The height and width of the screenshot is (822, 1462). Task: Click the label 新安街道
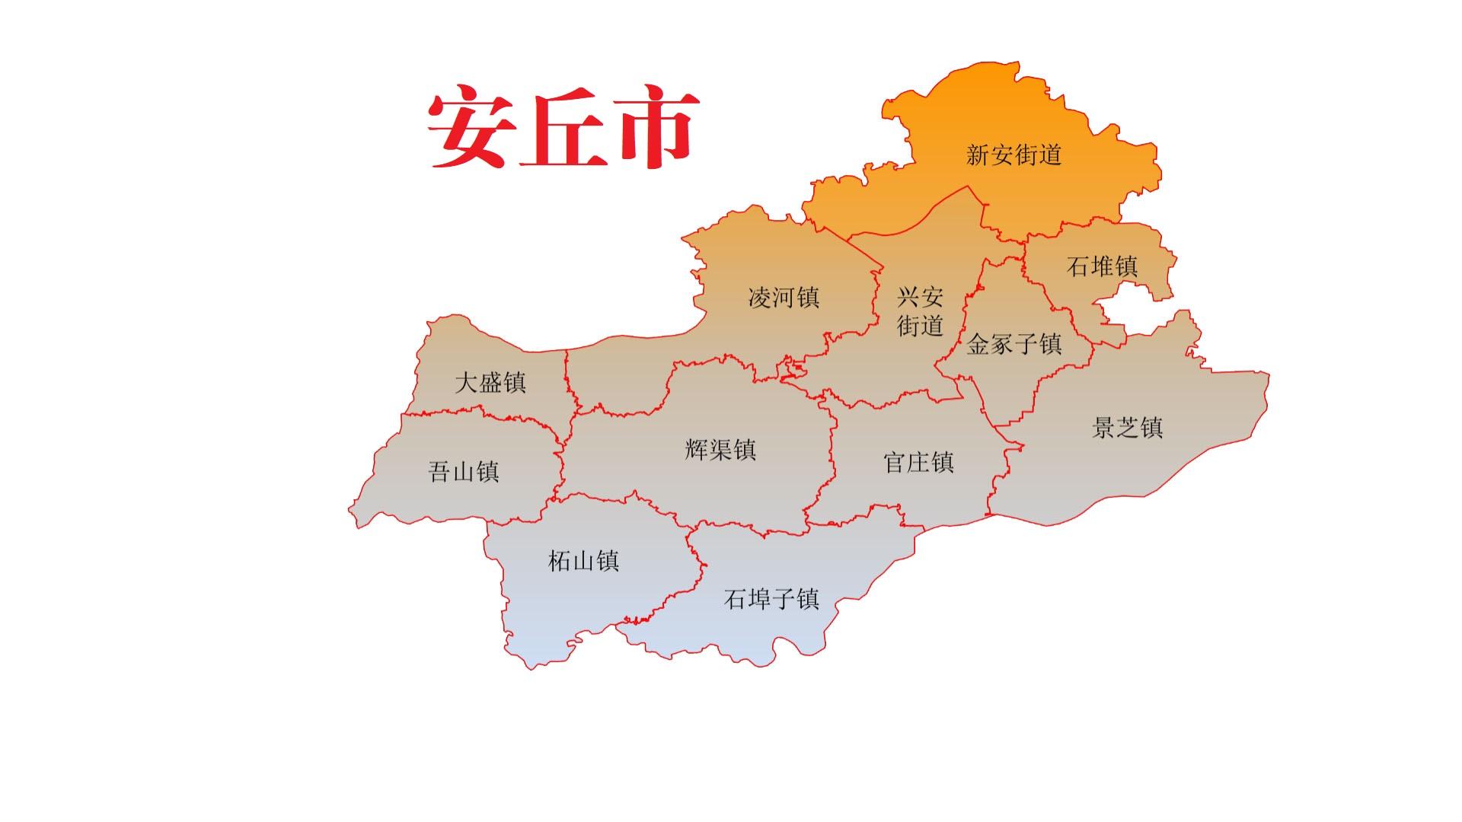coord(1014,155)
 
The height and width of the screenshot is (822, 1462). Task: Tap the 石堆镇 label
coord(1102,266)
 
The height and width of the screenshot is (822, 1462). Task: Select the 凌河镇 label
coord(784,297)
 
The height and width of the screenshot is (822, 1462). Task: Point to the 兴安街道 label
coord(920,311)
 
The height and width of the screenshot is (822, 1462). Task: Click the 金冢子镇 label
coord(1014,344)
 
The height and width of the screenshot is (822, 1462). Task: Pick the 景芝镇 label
coord(1127,428)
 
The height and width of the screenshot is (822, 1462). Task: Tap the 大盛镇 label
coord(490,382)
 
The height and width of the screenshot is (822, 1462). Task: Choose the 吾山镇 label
coord(464,472)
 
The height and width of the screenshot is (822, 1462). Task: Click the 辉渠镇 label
coord(720,450)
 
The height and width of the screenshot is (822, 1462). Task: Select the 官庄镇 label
coord(918,462)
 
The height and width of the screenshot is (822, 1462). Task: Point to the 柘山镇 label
coord(583,561)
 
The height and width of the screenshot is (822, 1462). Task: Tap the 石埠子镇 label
coord(771,599)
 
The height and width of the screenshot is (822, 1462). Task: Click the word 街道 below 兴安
coord(920,326)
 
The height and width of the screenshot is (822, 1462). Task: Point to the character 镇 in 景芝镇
coord(1151,428)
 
